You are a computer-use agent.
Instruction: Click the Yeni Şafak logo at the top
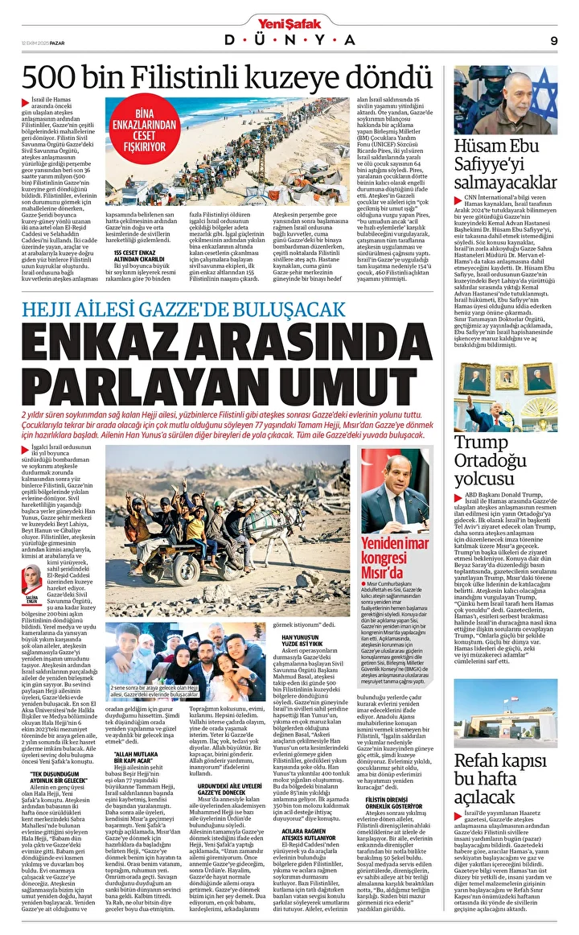pos(289,23)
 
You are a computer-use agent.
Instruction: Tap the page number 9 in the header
pos(554,40)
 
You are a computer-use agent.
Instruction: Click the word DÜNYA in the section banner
pos(289,40)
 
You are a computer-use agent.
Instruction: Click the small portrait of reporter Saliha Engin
pos(33,577)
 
